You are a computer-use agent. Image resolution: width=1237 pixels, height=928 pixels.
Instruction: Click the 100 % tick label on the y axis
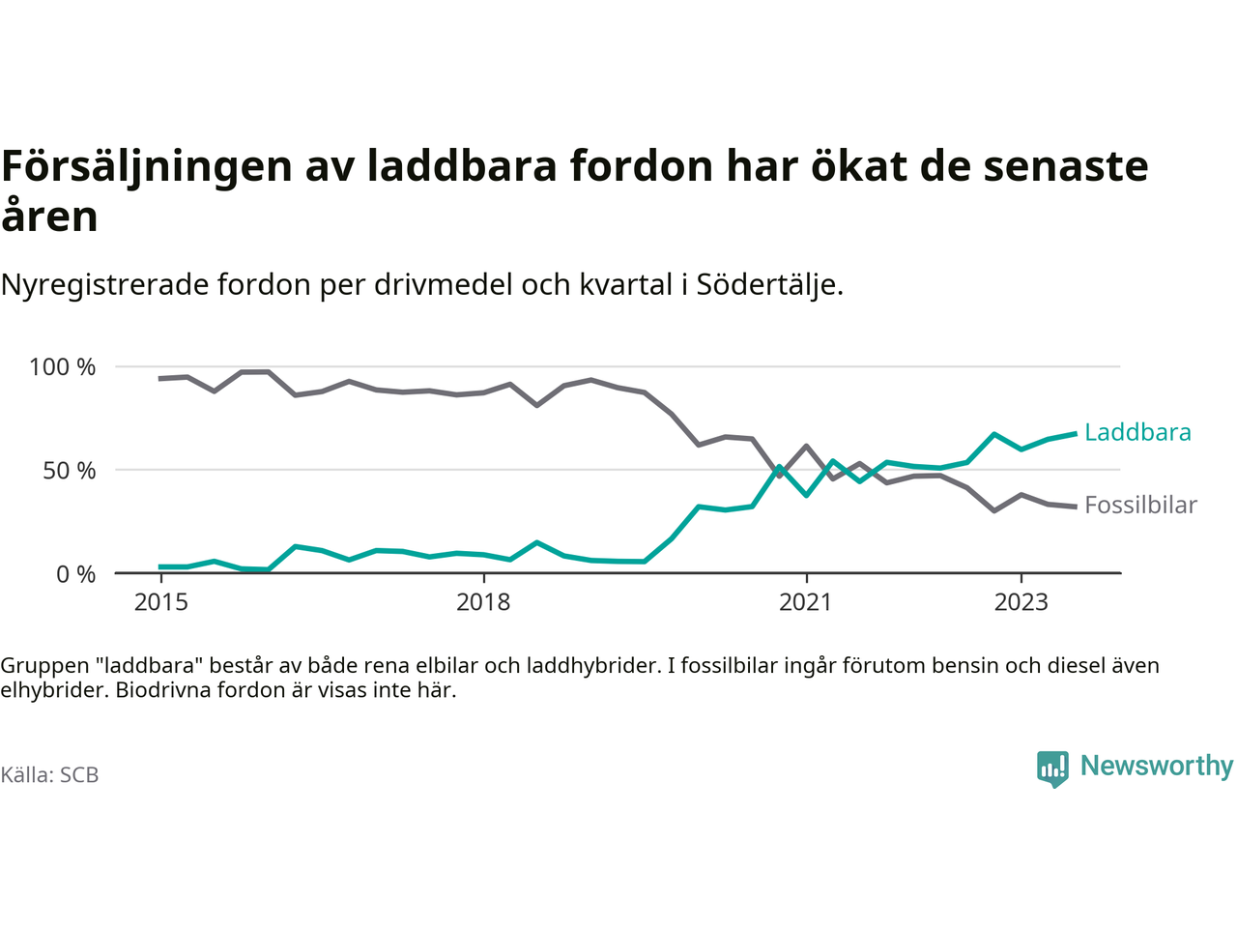(x=63, y=367)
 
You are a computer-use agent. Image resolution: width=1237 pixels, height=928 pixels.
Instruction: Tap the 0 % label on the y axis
(x=75, y=574)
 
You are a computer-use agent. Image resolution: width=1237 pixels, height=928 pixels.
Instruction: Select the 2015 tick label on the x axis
(x=161, y=602)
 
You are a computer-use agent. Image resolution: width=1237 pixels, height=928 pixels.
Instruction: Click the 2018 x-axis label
(x=483, y=602)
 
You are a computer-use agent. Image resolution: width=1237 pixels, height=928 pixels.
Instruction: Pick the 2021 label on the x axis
(x=805, y=602)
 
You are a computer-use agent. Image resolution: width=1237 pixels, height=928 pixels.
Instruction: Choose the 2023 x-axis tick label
(x=1021, y=602)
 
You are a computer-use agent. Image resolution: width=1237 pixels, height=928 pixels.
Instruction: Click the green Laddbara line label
(x=1137, y=432)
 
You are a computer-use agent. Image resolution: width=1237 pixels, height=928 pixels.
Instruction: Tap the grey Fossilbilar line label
(x=1140, y=506)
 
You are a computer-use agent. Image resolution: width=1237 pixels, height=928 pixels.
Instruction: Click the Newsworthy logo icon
(x=1052, y=768)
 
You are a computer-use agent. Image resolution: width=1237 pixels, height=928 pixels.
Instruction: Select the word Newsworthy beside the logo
(x=1157, y=766)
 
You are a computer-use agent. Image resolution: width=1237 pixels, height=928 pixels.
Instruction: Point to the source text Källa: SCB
(x=49, y=775)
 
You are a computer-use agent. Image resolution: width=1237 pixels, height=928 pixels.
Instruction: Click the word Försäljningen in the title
(x=147, y=166)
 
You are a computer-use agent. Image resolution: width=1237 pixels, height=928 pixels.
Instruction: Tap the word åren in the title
(x=49, y=216)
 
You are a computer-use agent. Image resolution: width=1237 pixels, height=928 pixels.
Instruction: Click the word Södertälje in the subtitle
(x=768, y=285)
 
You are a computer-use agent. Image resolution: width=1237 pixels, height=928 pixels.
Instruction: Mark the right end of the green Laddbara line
(x=1076, y=434)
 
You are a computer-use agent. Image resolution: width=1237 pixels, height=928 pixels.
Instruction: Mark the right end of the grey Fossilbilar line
(x=1076, y=507)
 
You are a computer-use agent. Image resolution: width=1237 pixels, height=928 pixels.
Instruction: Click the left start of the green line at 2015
(x=160, y=566)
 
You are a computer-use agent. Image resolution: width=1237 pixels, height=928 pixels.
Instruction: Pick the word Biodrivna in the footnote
(x=159, y=690)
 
